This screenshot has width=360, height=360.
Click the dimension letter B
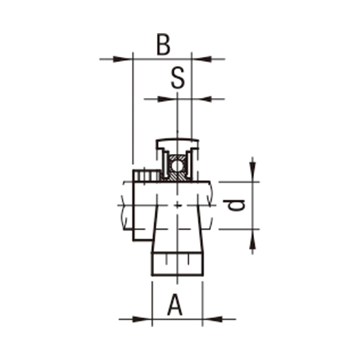pyautogui.click(x=163, y=45)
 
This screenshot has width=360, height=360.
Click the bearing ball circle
pyautogui.click(x=177, y=167)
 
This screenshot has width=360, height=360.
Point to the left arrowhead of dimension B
pyautogui.click(x=127, y=59)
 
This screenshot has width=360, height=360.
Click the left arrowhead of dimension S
pyautogui.click(x=171, y=98)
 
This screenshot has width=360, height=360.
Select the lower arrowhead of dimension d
pyautogui.click(x=253, y=237)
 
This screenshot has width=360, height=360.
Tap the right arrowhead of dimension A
pyautogui.click(x=210, y=318)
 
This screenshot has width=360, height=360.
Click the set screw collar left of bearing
pyautogui.click(x=145, y=175)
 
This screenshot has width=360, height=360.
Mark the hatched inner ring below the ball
pyautogui.click(x=177, y=178)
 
